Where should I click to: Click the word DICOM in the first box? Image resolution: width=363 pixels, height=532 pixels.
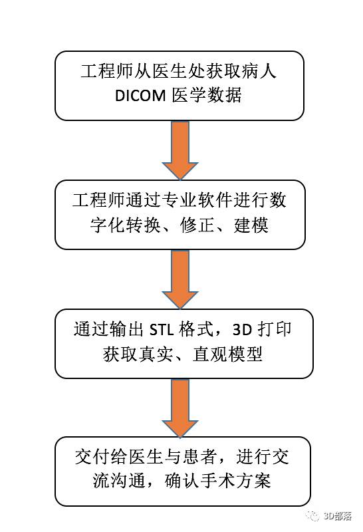click(x=140, y=96)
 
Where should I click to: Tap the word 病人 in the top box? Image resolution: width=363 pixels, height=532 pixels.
click(x=259, y=71)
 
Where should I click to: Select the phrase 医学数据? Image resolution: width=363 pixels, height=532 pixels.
click(x=207, y=95)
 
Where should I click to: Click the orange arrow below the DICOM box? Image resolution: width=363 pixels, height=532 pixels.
click(x=180, y=150)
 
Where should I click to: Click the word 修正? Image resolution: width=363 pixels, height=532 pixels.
click(x=197, y=225)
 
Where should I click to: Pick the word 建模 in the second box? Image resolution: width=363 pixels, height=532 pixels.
click(x=251, y=225)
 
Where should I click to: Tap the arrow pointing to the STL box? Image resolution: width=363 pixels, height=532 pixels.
click(x=180, y=279)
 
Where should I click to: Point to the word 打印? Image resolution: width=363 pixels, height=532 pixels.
click(x=274, y=329)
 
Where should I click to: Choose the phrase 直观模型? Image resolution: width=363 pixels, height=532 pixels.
click(x=227, y=354)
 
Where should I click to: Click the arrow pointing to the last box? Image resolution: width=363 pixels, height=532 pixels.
click(x=180, y=408)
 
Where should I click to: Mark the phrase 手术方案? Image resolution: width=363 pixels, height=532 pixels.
click(x=236, y=481)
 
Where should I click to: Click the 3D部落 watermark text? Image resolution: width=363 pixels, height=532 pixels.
click(x=337, y=516)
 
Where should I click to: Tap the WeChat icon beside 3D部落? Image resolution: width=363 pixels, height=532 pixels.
click(x=312, y=516)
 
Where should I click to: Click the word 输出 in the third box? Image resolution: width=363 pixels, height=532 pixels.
click(x=127, y=329)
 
